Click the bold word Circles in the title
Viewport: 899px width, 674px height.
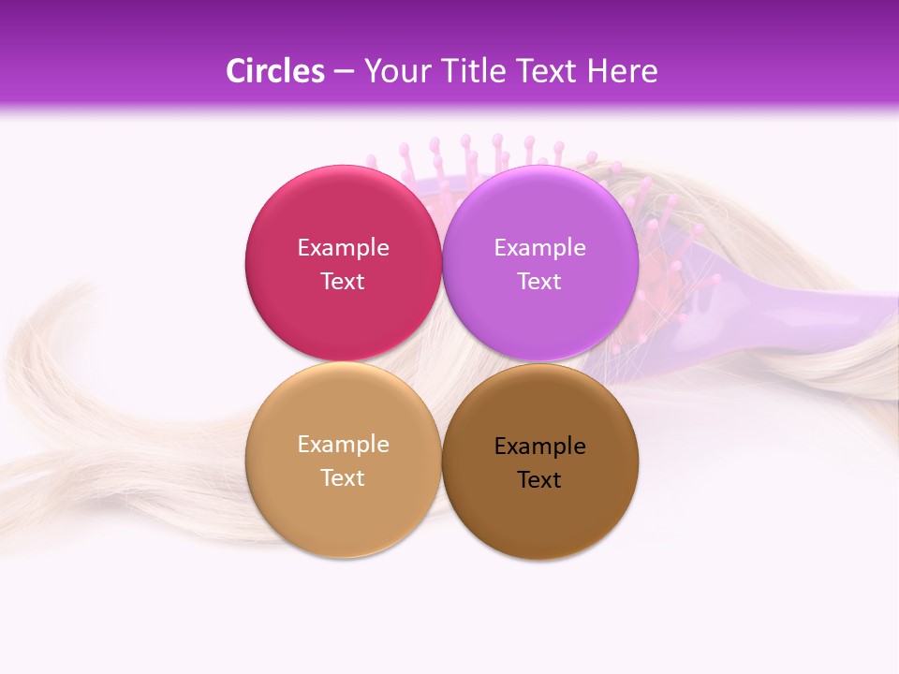tap(274, 71)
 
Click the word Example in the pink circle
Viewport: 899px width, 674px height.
tap(343, 248)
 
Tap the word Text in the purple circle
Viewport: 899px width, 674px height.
tap(539, 282)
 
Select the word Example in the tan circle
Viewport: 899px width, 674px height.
tap(343, 445)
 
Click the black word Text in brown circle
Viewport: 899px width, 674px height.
tap(539, 480)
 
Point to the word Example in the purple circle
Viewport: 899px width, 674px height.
tap(539, 248)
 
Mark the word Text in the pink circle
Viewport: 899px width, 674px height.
tap(343, 282)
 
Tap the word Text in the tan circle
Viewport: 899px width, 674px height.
tap(343, 478)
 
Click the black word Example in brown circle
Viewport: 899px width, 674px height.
tap(539, 447)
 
